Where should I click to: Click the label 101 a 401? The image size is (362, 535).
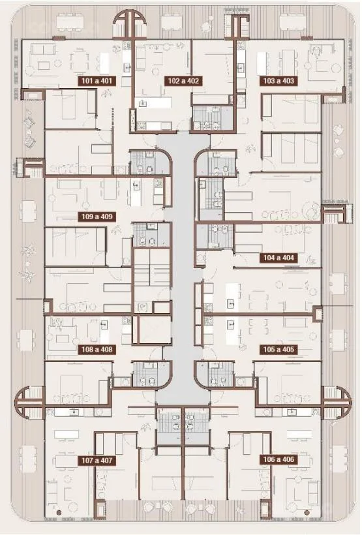(x=97, y=81)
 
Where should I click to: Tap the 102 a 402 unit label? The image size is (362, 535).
(x=183, y=81)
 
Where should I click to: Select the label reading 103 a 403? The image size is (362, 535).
(x=279, y=81)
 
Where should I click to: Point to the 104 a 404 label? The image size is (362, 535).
(x=279, y=258)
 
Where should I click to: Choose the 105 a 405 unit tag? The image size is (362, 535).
(x=279, y=350)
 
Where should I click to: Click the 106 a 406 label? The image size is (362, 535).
(x=279, y=459)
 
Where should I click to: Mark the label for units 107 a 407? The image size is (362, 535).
(x=97, y=461)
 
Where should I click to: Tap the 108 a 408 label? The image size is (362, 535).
(x=97, y=350)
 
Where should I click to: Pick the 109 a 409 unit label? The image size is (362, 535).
(x=97, y=217)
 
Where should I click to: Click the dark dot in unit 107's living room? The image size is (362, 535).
(x=59, y=512)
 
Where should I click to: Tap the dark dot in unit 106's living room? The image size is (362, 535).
(x=307, y=512)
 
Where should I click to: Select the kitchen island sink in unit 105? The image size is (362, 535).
(x=232, y=323)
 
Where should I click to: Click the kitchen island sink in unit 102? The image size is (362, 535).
(x=143, y=102)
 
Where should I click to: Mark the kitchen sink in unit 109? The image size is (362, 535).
(x=136, y=185)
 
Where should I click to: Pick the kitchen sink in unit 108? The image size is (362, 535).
(x=104, y=324)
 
